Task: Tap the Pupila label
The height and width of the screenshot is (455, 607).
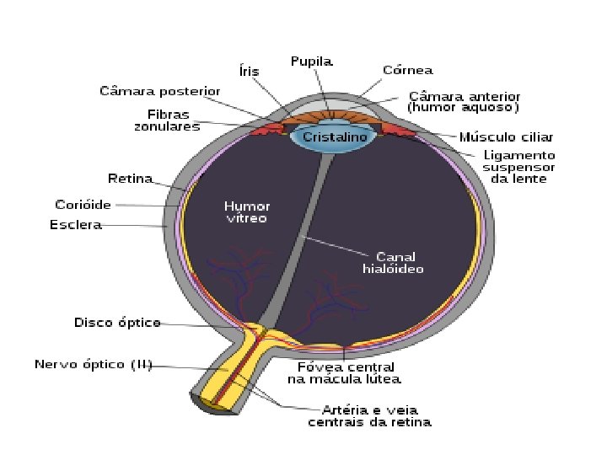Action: pyautogui.click(x=312, y=61)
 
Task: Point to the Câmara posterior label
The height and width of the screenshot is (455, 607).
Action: pyautogui.click(x=160, y=90)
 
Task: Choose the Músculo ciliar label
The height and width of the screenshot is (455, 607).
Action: pyautogui.click(x=506, y=136)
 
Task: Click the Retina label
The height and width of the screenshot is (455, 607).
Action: pyautogui.click(x=131, y=179)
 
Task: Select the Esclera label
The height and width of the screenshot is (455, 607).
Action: pyautogui.click(x=76, y=225)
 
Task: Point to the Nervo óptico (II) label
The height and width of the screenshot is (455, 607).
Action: pyautogui.click(x=93, y=365)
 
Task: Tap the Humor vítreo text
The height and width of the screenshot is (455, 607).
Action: pyautogui.click(x=245, y=211)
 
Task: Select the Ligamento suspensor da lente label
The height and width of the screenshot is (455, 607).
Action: pyautogui.click(x=519, y=167)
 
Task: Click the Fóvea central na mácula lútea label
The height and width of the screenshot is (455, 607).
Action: pyautogui.click(x=346, y=374)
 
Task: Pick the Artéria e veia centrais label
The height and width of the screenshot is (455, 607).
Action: pyautogui.click(x=370, y=415)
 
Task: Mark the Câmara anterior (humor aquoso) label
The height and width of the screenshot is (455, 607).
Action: pyautogui.click(x=464, y=102)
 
